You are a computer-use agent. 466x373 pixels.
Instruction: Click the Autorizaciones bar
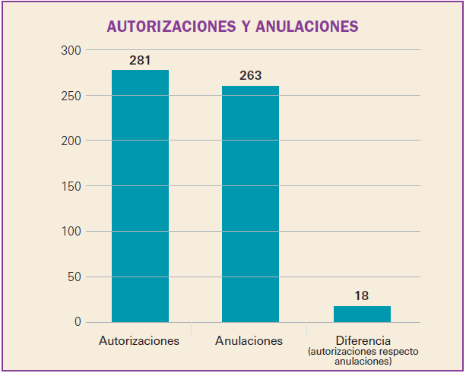[140, 196]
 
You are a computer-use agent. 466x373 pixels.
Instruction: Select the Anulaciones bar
[250, 204]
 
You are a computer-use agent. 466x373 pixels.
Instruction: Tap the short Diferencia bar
[362, 314]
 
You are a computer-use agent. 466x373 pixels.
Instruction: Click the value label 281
[140, 60]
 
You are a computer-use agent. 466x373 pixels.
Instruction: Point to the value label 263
[250, 75]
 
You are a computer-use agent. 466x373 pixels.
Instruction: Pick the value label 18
[362, 296]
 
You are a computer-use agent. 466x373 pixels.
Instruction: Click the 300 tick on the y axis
[71, 50]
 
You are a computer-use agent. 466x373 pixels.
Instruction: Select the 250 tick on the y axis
[71, 96]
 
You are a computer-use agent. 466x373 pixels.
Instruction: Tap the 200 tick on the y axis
[71, 141]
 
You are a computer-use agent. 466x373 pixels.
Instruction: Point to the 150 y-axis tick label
[71, 186]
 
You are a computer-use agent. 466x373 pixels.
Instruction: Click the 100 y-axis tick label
[71, 232]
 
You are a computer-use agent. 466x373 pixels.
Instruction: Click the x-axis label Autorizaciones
[139, 341]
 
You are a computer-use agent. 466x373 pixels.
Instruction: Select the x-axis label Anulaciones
[249, 341]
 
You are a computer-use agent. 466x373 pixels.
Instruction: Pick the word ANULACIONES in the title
[307, 27]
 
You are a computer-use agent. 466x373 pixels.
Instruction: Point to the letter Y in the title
[245, 27]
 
